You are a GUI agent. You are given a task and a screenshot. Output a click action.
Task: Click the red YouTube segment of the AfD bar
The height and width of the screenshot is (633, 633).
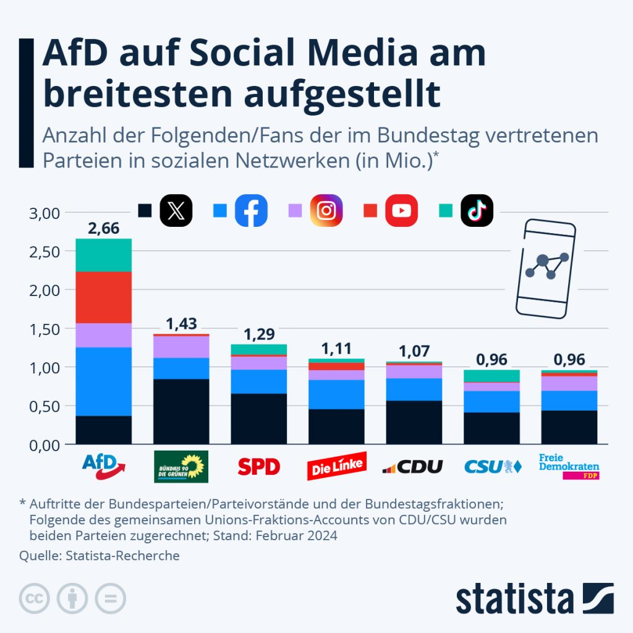tap(104, 297)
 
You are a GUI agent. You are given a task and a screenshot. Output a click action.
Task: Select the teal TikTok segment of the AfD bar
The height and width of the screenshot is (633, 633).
tap(104, 255)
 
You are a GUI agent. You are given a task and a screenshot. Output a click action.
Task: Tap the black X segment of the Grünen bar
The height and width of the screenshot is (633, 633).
tap(181, 411)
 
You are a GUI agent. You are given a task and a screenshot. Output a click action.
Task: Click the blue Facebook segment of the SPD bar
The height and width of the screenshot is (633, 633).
tap(258, 381)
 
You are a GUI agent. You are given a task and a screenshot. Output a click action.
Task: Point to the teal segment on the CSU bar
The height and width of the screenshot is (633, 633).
tap(491, 376)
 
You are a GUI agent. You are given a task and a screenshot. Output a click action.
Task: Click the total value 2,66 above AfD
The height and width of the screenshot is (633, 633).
tap(104, 229)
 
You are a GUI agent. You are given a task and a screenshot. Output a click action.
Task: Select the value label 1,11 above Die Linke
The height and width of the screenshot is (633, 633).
tap(336, 348)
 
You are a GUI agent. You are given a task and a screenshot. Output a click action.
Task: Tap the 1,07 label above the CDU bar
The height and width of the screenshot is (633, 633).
tap(414, 351)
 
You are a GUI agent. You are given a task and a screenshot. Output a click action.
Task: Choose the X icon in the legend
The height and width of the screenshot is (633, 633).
tap(176, 211)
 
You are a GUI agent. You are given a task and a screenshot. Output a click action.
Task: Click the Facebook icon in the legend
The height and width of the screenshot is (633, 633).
tap(252, 211)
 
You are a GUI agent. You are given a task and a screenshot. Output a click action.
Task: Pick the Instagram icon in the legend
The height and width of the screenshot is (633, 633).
tap(326, 211)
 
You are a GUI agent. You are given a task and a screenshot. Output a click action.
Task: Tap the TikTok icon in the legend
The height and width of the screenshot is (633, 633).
tap(477, 211)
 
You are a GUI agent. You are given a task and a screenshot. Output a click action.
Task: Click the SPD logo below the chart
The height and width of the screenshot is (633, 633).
tap(258, 467)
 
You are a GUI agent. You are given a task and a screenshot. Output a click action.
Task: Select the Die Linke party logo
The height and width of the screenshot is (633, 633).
tap(336, 467)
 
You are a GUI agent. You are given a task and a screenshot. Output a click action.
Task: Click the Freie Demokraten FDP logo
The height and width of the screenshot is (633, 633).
tap(569, 467)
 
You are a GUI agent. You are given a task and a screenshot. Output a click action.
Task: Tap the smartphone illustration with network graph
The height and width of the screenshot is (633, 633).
tap(547, 268)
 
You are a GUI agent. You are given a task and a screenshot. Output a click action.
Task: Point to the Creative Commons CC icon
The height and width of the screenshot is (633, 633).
tap(35, 598)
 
